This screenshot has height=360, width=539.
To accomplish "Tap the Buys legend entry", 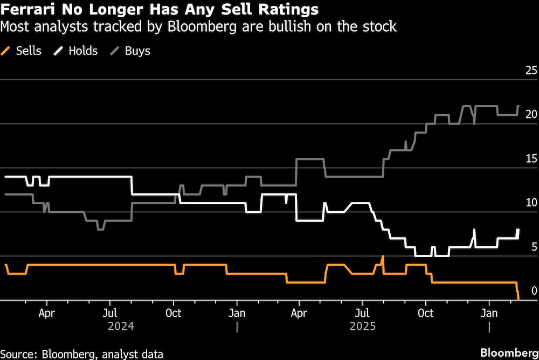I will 137,51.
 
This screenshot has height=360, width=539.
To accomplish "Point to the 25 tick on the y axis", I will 531,70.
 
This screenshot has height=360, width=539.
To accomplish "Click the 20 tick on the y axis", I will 531,114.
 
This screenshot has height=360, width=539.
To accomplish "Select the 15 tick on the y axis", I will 531,158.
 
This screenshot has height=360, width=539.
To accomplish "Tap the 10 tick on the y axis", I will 531,203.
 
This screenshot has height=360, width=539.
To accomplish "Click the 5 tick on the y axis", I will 534,247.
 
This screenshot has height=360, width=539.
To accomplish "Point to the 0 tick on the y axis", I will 534,291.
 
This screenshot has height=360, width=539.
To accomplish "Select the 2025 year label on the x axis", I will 363,327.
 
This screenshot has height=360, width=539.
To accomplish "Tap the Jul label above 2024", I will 110,313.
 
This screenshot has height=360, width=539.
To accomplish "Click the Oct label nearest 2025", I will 426,313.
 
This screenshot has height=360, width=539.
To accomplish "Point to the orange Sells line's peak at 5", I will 383,257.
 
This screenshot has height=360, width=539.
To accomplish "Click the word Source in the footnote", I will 18,354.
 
